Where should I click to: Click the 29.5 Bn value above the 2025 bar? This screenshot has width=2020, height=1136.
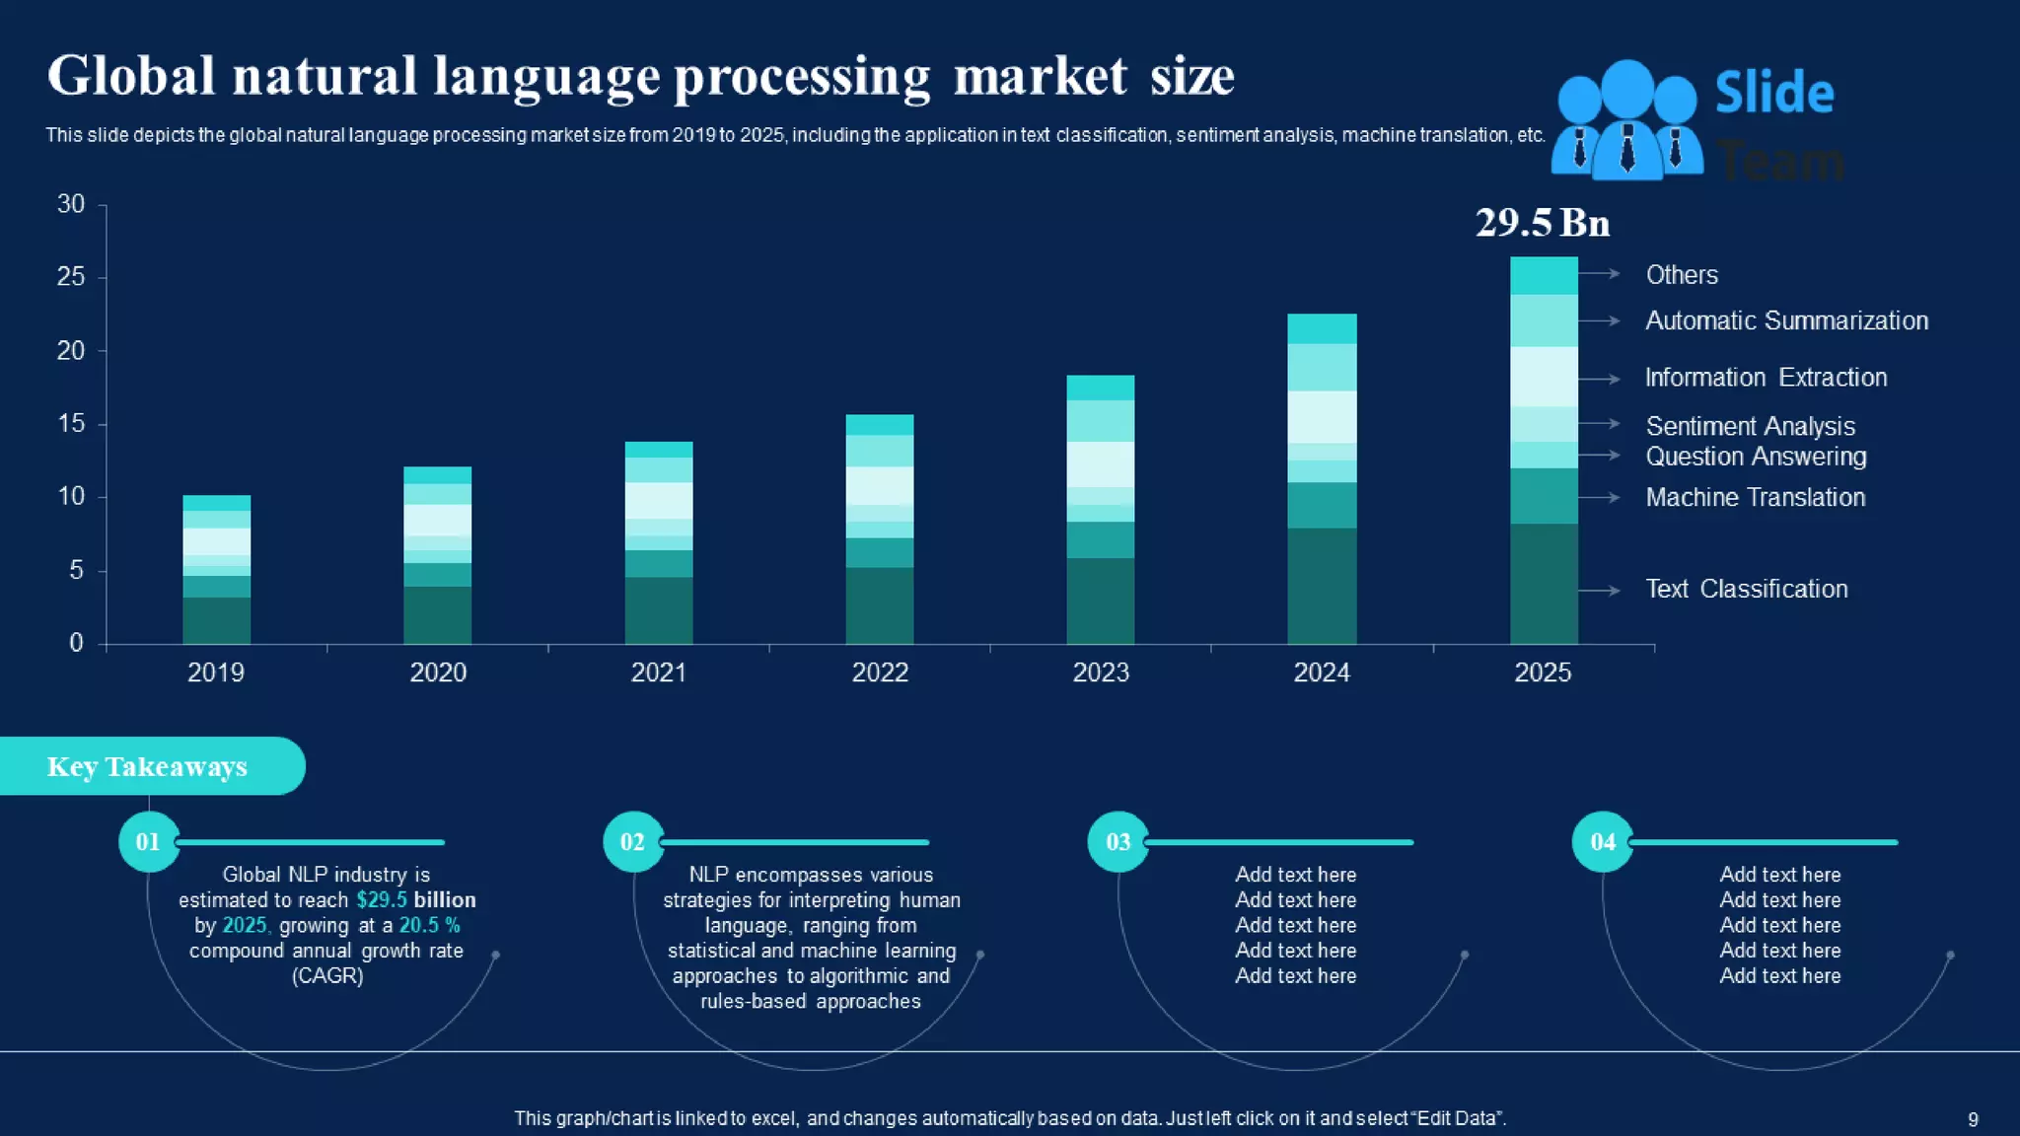point(1542,223)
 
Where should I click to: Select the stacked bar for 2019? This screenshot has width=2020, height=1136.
point(216,569)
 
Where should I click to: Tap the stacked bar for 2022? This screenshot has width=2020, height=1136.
point(880,530)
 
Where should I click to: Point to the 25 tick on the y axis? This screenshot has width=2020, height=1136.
point(71,277)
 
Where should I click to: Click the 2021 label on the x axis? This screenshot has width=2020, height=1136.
point(659,673)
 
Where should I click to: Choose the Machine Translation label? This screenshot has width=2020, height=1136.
point(1755,498)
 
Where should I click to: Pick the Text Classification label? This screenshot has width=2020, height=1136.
point(1746,590)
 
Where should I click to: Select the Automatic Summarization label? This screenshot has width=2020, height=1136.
point(1786,321)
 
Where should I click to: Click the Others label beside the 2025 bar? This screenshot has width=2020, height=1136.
point(1682,275)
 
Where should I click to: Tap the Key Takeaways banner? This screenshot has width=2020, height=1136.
point(148,766)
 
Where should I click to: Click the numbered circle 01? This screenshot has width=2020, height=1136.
point(148,842)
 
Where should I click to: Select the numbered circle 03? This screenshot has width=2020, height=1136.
point(1118,842)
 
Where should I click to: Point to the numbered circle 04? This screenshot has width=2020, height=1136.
point(1603,842)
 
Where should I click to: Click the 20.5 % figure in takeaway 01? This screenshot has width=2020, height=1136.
point(429,926)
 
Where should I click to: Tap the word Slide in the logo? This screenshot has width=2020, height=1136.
point(1774,94)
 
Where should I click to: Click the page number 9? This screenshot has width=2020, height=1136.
point(1973,1119)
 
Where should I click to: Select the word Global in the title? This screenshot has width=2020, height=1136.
point(131,76)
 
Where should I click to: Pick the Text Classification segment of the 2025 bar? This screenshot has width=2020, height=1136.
point(1544,583)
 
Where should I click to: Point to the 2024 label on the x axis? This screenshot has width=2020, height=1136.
point(1322,673)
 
